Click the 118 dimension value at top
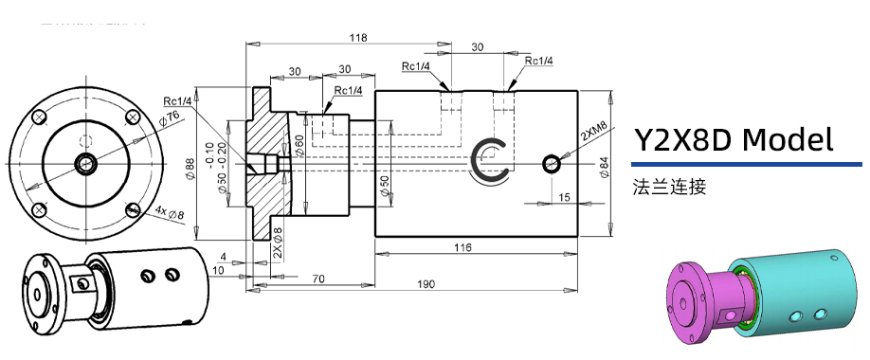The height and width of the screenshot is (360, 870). pyautogui.click(x=358, y=38)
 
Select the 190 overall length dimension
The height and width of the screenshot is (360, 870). pyautogui.click(x=426, y=284)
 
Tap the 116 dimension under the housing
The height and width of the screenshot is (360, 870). pyautogui.click(x=462, y=247)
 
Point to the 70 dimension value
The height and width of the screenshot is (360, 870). pyautogui.click(x=317, y=279)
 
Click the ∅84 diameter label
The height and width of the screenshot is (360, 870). pyautogui.click(x=604, y=165)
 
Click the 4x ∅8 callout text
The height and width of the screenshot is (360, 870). pyautogui.click(x=170, y=213)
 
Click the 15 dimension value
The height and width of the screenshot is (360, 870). pyautogui.click(x=565, y=196)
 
